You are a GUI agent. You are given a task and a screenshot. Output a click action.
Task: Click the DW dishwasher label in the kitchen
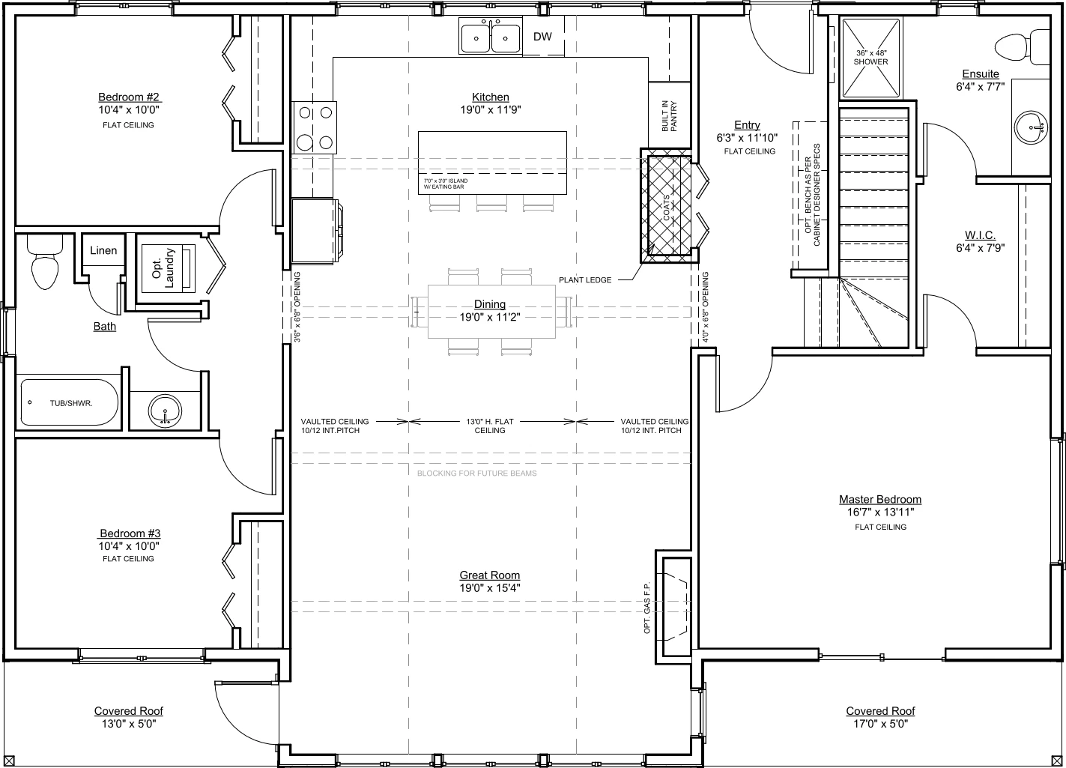(542, 37)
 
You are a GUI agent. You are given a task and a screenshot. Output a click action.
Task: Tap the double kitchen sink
(490, 36)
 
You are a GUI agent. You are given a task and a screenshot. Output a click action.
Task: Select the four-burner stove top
(315, 127)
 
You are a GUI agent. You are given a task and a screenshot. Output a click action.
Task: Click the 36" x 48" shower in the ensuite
(871, 58)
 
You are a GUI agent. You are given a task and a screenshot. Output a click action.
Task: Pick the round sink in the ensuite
(1031, 127)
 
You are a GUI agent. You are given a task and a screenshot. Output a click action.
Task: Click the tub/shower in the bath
(69, 402)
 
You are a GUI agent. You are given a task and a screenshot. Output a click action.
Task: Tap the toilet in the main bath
(45, 262)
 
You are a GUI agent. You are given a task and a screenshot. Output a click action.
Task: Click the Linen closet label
(103, 250)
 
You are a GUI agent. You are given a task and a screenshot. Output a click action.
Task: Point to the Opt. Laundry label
(163, 268)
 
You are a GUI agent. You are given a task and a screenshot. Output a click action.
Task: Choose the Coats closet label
(666, 208)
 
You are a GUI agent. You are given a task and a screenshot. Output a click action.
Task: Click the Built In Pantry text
(669, 116)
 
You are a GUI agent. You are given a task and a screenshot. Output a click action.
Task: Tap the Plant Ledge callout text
(585, 280)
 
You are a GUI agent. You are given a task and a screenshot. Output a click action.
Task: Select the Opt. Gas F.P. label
(646, 608)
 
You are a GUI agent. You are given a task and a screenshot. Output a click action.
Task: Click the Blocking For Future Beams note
(477, 474)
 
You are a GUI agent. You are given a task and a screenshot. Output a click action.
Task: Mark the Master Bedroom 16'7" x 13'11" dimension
(880, 512)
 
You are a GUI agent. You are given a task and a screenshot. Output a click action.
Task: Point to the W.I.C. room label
(981, 235)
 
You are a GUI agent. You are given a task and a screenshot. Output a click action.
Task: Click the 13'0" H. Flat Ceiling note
(490, 426)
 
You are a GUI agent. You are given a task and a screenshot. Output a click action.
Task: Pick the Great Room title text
(490, 575)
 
